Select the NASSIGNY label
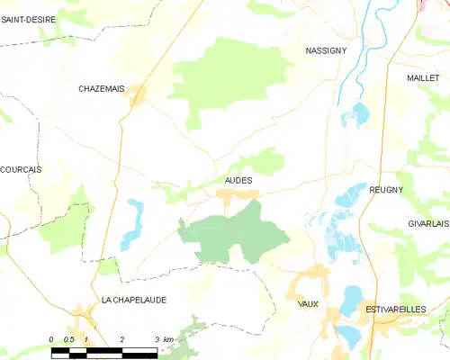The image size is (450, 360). pos(327,52)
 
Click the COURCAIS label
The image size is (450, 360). pos(21,169)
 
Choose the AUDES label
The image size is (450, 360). pos(238,180)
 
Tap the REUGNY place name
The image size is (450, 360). pos(386,190)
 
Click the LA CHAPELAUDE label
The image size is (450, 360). pos(134,300)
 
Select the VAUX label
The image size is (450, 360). pos(308,304)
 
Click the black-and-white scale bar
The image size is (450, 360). pos(103,349)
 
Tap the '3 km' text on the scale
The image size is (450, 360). pos(162,338)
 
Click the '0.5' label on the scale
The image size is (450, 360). pos(68,338)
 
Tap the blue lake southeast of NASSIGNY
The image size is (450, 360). pos(360,114)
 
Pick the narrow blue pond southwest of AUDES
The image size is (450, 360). pos(134,223)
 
